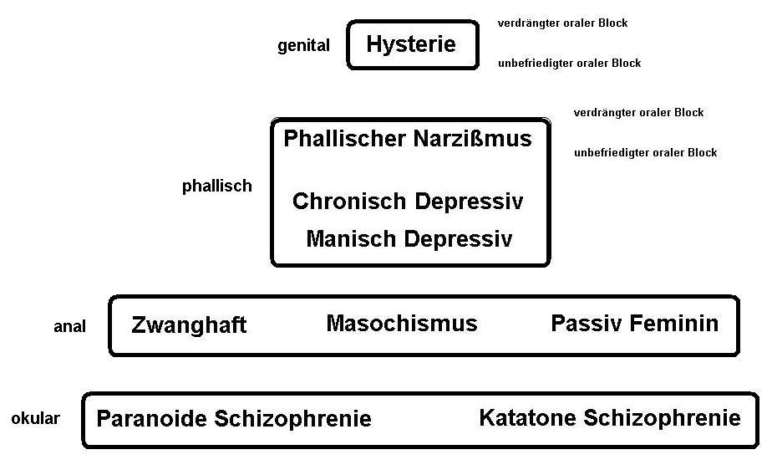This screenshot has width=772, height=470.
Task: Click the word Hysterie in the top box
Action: (x=411, y=44)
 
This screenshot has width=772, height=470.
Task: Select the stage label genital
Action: (x=303, y=46)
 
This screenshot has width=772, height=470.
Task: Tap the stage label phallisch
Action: (x=216, y=186)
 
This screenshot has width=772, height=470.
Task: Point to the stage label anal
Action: (x=69, y=327)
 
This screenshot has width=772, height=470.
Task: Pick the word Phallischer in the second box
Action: (x=345, y=139)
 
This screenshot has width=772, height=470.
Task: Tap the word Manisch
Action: (x=352, y=239)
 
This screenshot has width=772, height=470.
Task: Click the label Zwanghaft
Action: (x=189, y=325)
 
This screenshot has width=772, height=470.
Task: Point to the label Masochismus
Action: (x=401, y=324)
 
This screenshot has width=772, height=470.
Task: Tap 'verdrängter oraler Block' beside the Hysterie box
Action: (x=562, y=23)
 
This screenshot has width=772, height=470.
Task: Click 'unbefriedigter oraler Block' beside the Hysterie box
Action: (x=569, y=64)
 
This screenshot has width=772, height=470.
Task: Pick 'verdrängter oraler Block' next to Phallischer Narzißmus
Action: (x=638, y=113)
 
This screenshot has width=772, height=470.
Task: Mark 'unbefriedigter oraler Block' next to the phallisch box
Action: (x=645, y=153)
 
